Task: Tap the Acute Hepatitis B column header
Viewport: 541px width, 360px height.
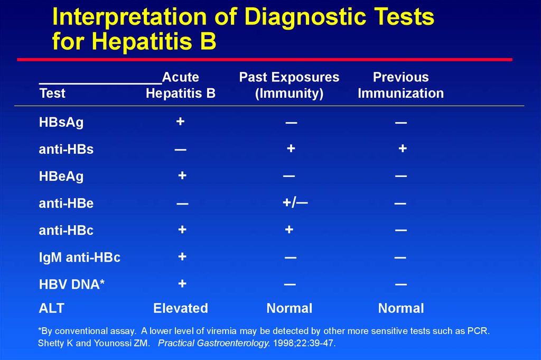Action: (x=181, y=85)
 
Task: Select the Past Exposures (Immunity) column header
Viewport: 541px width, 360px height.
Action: (x=289, y=85)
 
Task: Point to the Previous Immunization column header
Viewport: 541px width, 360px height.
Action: (x=400, y=85)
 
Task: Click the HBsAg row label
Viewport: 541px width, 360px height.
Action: (x=61, y=123)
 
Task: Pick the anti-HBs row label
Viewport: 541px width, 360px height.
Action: (x=66, y=150)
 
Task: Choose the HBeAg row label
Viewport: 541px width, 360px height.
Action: (x=61, y=177)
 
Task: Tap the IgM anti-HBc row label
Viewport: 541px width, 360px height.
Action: (x=80, y=257)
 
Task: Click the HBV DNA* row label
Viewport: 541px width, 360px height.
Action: (x=72, y=284)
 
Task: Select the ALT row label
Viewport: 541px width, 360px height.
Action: (x=51, y=308)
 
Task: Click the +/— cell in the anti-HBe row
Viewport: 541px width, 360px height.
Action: (x=295, y=202)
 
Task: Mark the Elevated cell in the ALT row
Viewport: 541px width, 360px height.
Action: (x=181, y=308)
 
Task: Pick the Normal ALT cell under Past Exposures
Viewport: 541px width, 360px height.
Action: (x=290, y=308)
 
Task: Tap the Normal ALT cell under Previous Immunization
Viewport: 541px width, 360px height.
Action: (x=401, y=308)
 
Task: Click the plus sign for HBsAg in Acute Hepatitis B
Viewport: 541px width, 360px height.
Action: (x=180, y=122)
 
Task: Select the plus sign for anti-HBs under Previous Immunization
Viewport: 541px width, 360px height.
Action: (x=403, y=149)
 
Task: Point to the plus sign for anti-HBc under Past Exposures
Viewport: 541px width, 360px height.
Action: (x=289, y=229)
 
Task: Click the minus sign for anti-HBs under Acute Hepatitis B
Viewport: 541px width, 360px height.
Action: (x=180, y=150)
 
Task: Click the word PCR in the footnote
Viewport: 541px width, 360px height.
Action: (x=478, y=331)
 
